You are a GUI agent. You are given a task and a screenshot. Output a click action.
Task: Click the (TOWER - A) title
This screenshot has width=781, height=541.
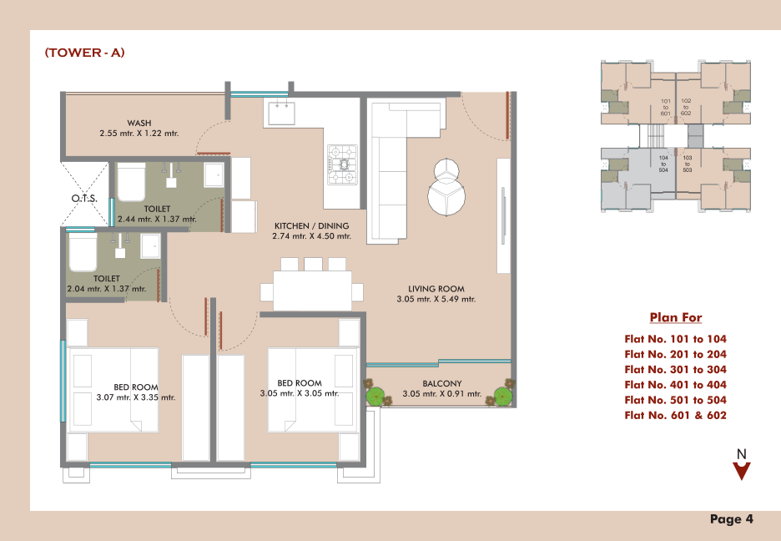pyautogui.click(x=84, y=53)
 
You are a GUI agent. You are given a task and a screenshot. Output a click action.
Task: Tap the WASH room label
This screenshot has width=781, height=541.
pyautogui.click(x=139, y=123)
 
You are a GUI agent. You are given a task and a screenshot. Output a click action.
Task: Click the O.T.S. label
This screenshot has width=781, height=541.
pyautogui.click(x=84, y=198)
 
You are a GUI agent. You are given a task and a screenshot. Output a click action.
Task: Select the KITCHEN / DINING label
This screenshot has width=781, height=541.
pyautogui.click(x=312, y=225)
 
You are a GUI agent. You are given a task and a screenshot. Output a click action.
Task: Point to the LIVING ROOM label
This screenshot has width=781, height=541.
pyautogui.click(x=436, y=288)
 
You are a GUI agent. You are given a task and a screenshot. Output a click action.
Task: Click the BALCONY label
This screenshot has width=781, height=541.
pyautogui.click(x=441, y=383)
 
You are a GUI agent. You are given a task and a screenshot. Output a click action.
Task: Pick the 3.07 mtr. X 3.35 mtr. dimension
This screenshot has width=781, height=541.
pyautogui.click(x=136, y=397)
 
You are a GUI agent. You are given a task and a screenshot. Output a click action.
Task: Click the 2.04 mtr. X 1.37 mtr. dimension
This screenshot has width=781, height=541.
pyautogui.click(x=107, y=289)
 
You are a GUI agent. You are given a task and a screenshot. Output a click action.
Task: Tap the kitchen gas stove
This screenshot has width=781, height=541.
pyautogui.click(x=343, y=164)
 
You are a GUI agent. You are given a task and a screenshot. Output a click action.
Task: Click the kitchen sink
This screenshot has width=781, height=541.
pyautogui.click(x=282, y=113)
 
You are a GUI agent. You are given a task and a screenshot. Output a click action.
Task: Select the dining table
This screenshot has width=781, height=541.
pyautogui.click(x=312, y=291)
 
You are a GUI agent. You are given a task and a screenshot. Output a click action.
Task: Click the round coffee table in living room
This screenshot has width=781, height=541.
pyautogui.click(x=446, y=195)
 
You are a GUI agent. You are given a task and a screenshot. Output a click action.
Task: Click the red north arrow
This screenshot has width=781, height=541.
pyautogui.click(x=742, y=470)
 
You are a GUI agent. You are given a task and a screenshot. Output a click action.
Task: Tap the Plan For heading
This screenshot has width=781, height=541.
pyautogui.click(x=676, y=317)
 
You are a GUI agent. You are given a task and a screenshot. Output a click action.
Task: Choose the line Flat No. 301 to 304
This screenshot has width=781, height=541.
pyautogui.click(x=675, y=370)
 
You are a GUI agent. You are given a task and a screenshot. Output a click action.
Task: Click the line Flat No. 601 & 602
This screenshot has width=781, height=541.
pyautogui.click(x=675, y=416)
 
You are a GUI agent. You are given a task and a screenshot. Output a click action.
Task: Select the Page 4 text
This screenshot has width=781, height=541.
pyautogui.click(x=732, y=519)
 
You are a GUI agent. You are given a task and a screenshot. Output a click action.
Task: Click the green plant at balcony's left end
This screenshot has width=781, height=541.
pyautogui.click(x=376, y=394)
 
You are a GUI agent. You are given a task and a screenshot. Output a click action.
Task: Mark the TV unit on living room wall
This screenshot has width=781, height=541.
pyautogui.click(x=504, y=215)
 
